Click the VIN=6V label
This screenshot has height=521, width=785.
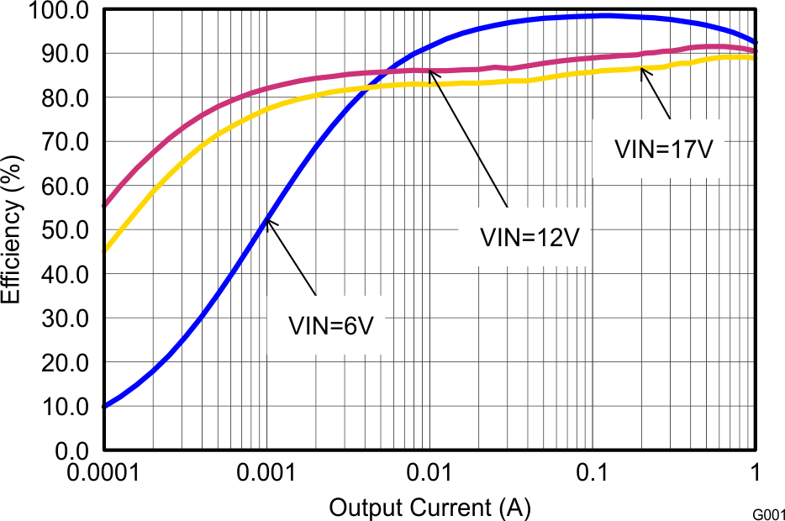[x=330, y=325]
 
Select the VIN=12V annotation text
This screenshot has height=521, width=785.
[x=530, y=237]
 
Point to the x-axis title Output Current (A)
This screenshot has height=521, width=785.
[x=429, y=508]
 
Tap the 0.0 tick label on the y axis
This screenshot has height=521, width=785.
[x=69, y=450]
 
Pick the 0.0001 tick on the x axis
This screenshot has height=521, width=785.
[x=103, y=474]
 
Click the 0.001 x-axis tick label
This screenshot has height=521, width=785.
[x=266, y=474]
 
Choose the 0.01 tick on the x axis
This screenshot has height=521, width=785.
[x=429, y=474]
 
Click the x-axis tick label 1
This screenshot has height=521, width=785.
[x=756, y=474]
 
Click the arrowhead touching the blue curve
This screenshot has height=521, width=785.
[x=268, y=219]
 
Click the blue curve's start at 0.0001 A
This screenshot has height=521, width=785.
[x=104, y=407]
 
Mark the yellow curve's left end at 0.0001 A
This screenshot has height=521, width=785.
[x=104, y=250]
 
